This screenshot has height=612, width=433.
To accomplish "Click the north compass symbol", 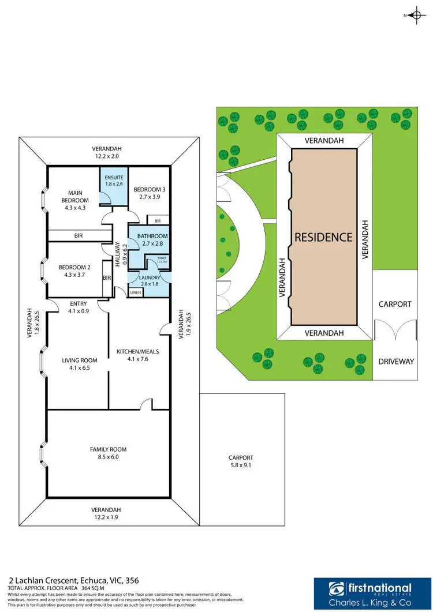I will [415, 16].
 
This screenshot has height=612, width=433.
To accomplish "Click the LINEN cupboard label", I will [135, 293].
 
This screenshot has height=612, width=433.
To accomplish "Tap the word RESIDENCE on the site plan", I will [323, 237].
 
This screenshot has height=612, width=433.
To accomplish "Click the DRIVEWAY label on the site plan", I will [395, 362].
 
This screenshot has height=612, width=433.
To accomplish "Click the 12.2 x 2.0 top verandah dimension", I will [109, 156].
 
